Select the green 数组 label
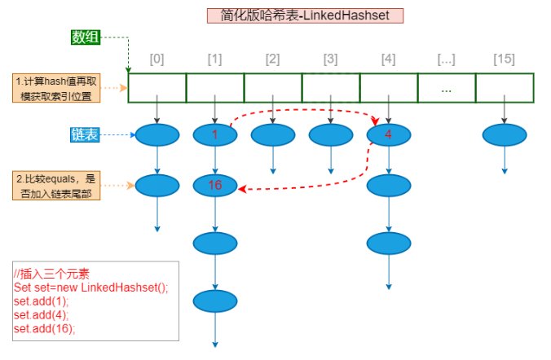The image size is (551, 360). [86, 37]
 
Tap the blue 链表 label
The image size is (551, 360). [85, 135]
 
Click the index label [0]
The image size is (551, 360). [157, 59]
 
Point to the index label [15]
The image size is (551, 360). [505, 59]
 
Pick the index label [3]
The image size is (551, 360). [330, 59]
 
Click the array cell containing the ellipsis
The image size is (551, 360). [446, 88]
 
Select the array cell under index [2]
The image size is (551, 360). [272, 88]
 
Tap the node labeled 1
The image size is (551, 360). [214, 135]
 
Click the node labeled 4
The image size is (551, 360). [388, 135]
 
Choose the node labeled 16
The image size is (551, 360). [214, 186]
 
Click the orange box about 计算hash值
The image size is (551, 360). [56, 88]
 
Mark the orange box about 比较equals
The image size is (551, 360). [56, 186]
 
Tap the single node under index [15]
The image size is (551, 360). [505, 135]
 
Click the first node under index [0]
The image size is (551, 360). [157, 135]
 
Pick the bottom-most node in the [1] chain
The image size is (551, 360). [214, 302]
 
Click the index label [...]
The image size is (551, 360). [446, 59]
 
